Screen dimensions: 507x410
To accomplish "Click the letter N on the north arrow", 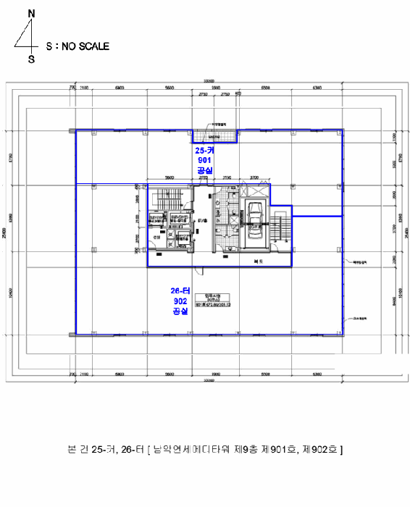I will pyautogui.click(x=30, y=14).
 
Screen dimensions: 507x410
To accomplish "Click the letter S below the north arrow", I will pyautogui.click(x=31, y=59).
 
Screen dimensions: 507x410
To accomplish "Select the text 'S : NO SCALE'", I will pyautogui.click(x=78, y=46).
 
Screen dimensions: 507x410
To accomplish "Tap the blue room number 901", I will pyautogui.click(x=204, y=159).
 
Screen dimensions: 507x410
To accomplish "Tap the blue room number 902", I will pyautogui.click(x=180, y=301).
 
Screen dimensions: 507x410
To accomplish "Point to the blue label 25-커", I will pyautogui.click(x=204, y=150).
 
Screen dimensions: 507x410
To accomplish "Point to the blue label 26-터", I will pyautogui.click(x=180, y=291).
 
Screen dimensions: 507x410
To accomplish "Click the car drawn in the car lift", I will pyautogui.click(x=255, y=216).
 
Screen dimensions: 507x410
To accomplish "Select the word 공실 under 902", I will pyautogui.click(x=180, y=311).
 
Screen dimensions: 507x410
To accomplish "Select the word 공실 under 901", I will pyautogui.click(x=204, y=169).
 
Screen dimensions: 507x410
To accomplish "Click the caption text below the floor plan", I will pyautogui.click(x=205, y=451).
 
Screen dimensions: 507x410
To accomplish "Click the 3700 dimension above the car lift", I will pyautogui.click(x=254, y=177).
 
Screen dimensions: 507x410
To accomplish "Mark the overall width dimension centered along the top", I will pyautogui.click(x=209, y=80).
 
